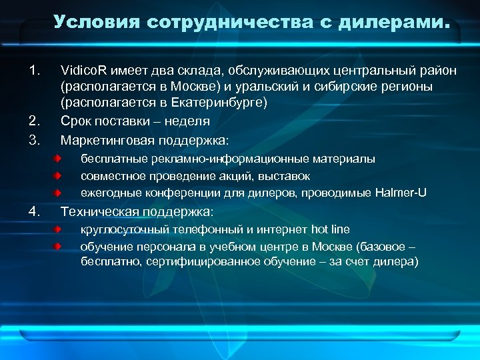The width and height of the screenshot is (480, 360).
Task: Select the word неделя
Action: [x=190, y=121]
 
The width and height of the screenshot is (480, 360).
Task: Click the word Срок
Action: [x=75, y=121]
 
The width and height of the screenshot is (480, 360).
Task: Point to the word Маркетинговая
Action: [x=103, y=140]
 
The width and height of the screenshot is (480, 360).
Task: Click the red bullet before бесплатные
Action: [x=59, y=159]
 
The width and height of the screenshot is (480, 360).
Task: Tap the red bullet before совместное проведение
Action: [x=59, y=176]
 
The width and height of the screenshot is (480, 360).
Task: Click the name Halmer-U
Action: [x=401, y=193]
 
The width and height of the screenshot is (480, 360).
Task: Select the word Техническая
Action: [x=94, y=212]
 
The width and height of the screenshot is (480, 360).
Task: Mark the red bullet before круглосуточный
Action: [x=59, y=230]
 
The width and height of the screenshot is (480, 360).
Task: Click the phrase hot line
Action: [x=330, y=230]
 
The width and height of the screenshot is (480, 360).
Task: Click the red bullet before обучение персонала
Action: [x=59, y=247]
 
